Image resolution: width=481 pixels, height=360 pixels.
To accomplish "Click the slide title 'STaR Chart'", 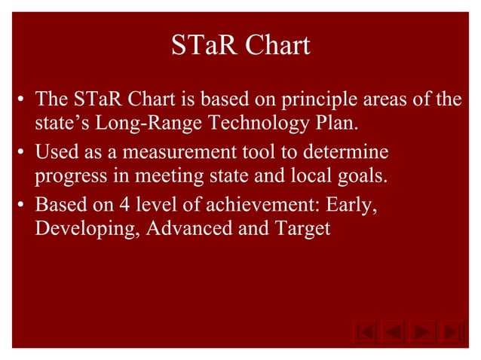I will [x=240, y=46].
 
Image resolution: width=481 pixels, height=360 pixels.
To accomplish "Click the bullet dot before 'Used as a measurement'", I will [x=23, y=154].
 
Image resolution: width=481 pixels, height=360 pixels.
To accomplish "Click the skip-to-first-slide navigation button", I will [x=365, y=332].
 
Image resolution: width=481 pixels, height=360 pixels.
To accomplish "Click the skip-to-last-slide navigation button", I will [x=450, y=332].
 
